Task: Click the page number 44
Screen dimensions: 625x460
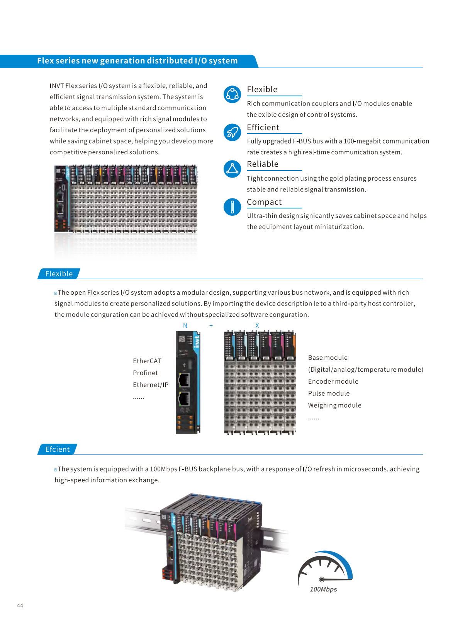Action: point(20,605)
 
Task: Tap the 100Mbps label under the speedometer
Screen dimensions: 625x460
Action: point(323,589)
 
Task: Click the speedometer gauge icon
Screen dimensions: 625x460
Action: point(325,569)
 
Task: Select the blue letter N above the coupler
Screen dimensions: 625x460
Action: point(185,326)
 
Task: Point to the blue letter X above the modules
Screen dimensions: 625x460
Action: point(257,326)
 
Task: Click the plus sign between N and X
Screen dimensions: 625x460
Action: point(211,326)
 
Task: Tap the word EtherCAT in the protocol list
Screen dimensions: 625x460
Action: point(147,361)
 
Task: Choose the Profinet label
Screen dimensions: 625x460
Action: point(145,373)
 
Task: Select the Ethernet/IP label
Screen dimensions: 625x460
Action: point(151,385)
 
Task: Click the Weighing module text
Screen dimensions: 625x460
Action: point(334,405)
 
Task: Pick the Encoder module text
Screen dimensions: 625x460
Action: point(333,381)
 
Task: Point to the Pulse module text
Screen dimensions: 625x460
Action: point(329,393)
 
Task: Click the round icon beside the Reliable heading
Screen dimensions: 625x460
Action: point(232,169)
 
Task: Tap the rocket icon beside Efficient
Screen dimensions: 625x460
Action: point(232,133)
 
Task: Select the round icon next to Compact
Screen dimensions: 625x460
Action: point(232,207)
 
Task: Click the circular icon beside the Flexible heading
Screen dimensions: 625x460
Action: point(232,94)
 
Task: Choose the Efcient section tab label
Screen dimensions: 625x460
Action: point(58,449)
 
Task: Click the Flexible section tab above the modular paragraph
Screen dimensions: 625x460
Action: point(59,274)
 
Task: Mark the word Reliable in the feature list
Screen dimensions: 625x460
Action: point(263,164)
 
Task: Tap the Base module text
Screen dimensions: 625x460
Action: point(328,358)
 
